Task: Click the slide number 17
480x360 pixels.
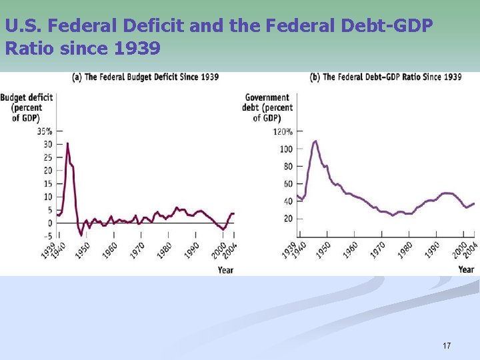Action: click(x=447, y=345)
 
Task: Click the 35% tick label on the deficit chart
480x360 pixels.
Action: click(x=45, y=131)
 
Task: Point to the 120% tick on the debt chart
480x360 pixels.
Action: click(x=283, y=131)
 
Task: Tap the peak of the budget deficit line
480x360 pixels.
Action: click(x=67, y=143)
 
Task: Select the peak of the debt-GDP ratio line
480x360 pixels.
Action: click(x=315, y=141)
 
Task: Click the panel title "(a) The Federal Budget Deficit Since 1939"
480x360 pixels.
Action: click(x=145, y=77)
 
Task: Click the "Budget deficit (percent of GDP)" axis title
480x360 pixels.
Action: click(x=26, y=107)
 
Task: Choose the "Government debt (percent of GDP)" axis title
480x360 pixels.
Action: click(x=267, y=107)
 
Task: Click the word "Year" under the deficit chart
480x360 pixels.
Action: click(x=225, y=270)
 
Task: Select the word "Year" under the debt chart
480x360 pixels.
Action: click(x=466, y=269)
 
